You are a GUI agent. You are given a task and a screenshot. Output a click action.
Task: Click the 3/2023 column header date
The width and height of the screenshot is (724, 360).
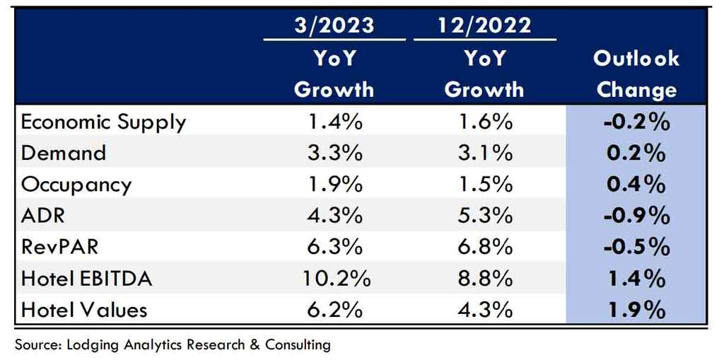(334, 25)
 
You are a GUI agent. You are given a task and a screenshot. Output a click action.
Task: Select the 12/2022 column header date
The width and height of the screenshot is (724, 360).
(484, 25)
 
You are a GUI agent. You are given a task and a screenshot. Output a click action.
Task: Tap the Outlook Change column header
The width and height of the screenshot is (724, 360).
(636, 74)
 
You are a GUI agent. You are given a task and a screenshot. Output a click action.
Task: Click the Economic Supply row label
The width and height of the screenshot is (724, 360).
(103, 122)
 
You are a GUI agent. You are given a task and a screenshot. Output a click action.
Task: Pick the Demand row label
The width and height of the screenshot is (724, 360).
(64, 153)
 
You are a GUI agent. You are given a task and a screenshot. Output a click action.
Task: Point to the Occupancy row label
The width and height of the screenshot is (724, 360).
(76, 185)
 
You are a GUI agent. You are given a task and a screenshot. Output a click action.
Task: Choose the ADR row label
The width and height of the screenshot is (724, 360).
(43, 216)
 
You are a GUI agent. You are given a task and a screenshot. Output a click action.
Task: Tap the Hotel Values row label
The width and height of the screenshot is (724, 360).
(85, 310)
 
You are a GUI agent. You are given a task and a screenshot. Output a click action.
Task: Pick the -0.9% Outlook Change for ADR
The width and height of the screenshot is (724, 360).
(636, 216)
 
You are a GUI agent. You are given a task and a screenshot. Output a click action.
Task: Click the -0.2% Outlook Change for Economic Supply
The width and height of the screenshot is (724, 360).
(636, 122)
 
